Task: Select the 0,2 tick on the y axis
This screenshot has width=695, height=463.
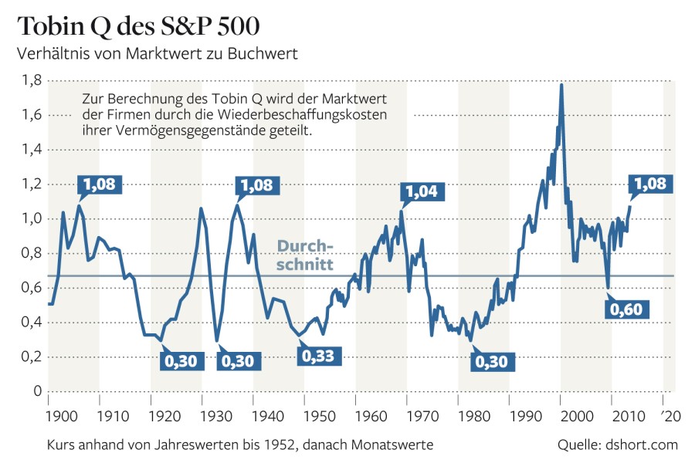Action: (31, 357)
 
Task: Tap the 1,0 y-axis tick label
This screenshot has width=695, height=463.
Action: (31, 218)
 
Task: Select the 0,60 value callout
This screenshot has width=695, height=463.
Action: (626, 309)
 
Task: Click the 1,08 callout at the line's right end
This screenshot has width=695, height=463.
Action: (652, 184)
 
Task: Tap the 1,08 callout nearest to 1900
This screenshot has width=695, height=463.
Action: (100, 185)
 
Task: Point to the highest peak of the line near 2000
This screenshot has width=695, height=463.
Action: (561, 84)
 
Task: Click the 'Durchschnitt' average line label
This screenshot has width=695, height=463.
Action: (305, 255)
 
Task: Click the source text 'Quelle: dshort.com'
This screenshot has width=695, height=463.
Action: (617, 445)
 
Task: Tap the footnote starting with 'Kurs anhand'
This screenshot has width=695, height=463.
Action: (232, 445)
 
